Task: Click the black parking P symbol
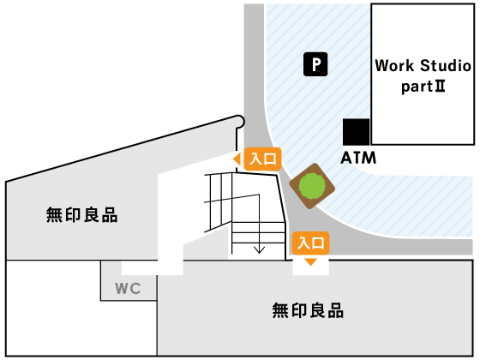[315, 64]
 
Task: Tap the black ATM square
[356, 132]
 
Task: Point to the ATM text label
[358, 158]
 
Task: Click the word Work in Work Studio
[394, 65]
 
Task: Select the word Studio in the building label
[446, 65]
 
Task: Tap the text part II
[423, 87]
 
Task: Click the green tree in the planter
[312, 186]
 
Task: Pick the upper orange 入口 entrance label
[262, 159]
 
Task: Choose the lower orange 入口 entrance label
[310, 243]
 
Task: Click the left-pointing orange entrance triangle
[237, 159]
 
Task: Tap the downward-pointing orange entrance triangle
[310, 261]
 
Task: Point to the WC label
[128, 288]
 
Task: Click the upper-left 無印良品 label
[81, 214]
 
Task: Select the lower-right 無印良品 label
[308, 310]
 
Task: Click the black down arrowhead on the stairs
[259, 249]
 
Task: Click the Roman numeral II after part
[440, 86]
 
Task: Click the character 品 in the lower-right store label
[336, 310]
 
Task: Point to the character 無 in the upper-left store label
[54, 214]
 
